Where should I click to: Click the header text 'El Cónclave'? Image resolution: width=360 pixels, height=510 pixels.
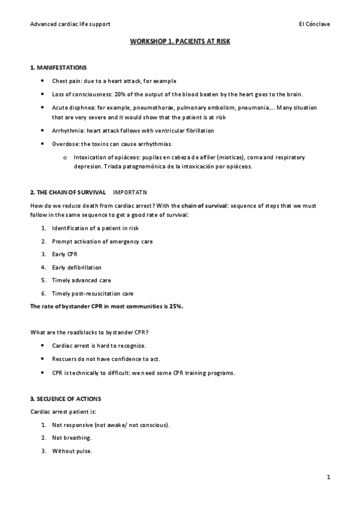(x=314, y=24)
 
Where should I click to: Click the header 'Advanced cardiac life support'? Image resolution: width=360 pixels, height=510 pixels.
(x=70, y=24)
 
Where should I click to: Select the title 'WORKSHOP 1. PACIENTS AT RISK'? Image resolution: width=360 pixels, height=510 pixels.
(x=180, y=43)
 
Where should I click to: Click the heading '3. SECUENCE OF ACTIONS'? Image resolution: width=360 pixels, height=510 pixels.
(x=66, y=399)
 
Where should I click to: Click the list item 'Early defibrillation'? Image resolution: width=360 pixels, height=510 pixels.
(x=77, y=267)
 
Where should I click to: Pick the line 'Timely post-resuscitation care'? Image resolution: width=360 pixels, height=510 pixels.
(x=93, y=293)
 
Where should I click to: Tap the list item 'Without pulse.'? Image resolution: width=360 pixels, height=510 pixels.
(x=72, y=451)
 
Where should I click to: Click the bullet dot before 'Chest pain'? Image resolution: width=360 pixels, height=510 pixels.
(x=41, y=81)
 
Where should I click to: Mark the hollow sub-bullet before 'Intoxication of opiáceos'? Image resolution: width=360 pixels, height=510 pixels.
(x=65, y=157)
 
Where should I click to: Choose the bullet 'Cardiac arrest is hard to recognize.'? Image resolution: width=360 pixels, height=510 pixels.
(x=99, y=346)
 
